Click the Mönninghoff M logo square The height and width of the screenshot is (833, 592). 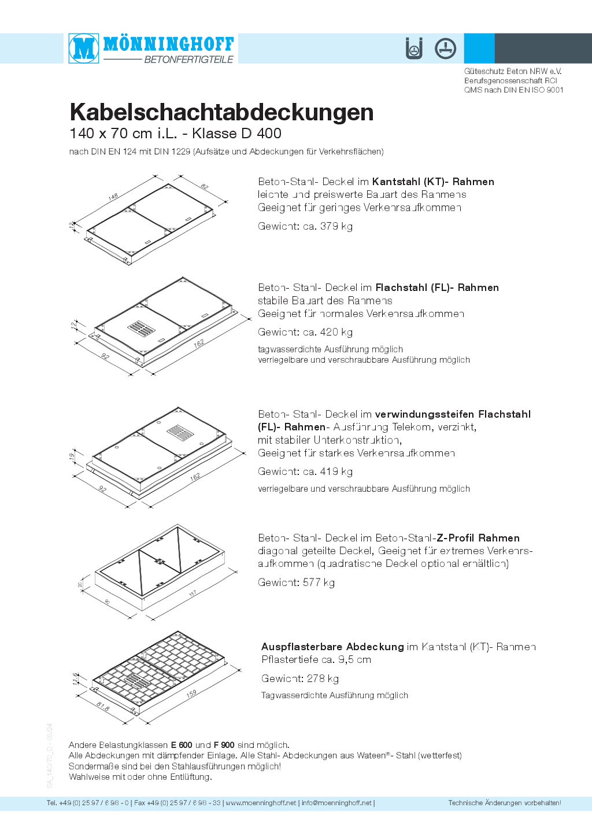click(84, 48)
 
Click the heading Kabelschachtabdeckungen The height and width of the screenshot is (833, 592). click(221, 112)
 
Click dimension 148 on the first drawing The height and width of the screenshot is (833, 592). click(113, 197)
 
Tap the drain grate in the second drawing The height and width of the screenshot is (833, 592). click(141, 329)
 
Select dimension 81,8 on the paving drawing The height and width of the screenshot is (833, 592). click(103, 706)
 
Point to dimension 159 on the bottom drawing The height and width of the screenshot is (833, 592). click(191, 693)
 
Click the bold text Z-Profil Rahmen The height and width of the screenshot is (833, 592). click(478, 538)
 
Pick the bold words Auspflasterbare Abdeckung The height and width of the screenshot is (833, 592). click(332, 647)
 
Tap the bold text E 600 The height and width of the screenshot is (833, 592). click(182, 745)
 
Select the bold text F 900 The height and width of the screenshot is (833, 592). click(224, 745)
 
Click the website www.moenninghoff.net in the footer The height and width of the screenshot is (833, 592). click(261, 803)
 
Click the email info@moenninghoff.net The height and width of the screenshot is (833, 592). click(336, 803)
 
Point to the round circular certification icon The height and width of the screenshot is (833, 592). click(445, 49)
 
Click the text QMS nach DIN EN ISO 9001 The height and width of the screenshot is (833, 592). click(513, 90)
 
